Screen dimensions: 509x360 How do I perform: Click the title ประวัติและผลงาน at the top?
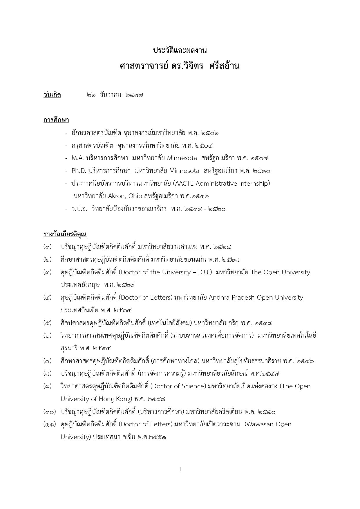(x=180, y=50)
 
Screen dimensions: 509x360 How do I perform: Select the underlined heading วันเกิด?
(x=52, y=95)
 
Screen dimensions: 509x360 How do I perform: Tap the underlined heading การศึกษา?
(x=56, y=120)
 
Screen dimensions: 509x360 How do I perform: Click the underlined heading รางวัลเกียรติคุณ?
(x=65, y=234)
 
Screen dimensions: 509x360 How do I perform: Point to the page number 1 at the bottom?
(x=180, y=469)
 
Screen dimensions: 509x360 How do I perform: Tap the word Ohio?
(x=135, y=196)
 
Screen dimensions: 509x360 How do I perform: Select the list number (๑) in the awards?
(x=48, y=247)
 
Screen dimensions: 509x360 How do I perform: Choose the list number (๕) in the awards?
(x=48, y=323)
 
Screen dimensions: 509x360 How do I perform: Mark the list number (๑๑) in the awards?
(x=49, y=424)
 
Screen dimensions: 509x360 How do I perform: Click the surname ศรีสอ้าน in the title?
(x=225, y=66)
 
